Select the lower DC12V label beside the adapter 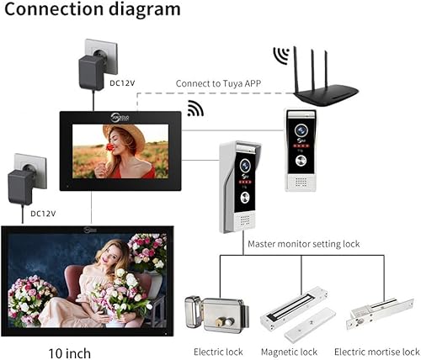pos(43,214)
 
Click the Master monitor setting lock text pos(303,244)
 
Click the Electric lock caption pos(218,351)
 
